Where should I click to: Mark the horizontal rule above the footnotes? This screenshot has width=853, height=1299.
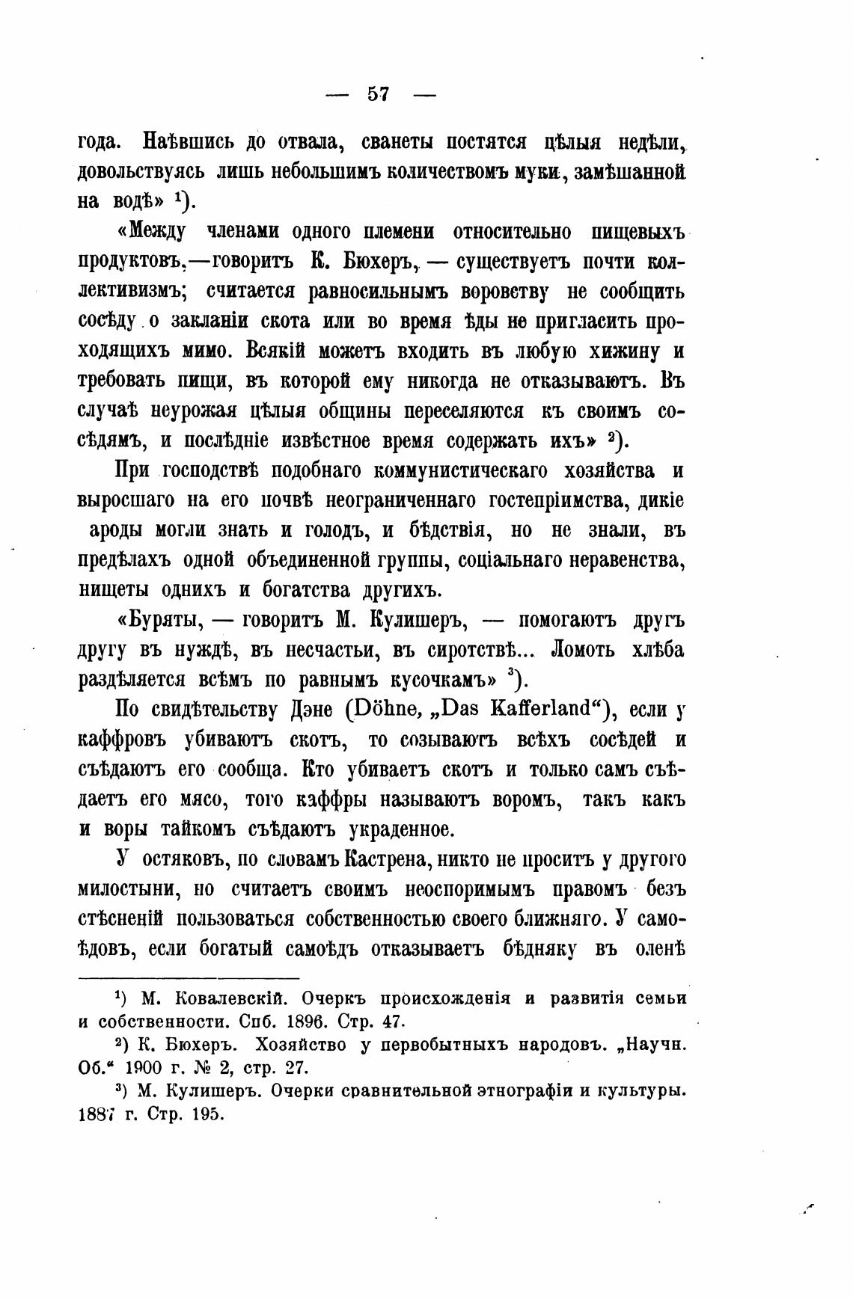pos(189,977)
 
